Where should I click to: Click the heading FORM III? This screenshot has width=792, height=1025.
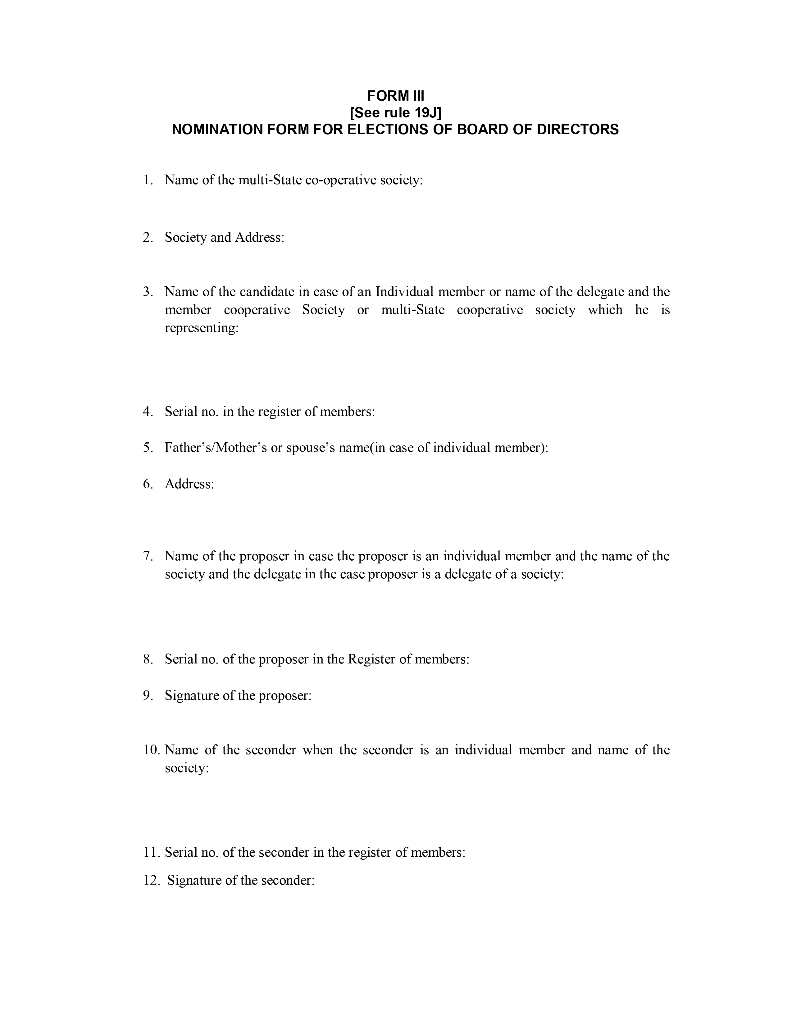tap(395, 96)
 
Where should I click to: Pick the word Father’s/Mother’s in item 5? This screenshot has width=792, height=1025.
tap(215, 448)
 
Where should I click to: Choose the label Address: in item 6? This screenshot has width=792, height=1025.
tap(189, 484)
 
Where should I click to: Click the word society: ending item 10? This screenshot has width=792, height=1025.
tap(186, 768)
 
